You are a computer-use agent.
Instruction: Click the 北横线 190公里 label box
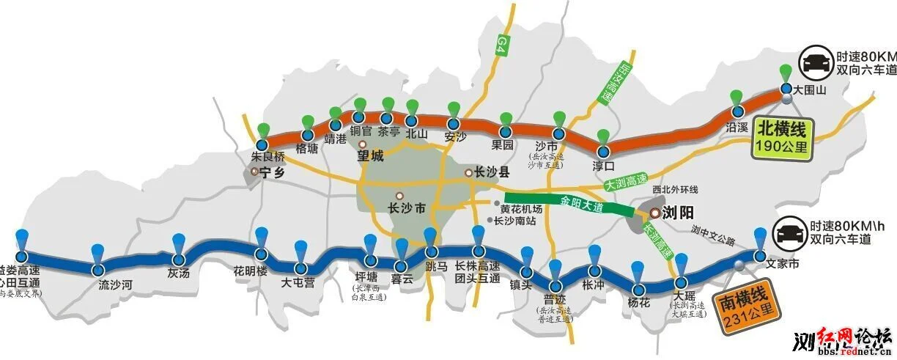[x=781, y=139]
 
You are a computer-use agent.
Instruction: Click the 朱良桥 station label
[x=266, y=156]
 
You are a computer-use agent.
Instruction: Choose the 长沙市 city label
[x=407, y=208]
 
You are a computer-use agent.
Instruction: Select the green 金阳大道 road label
[x=582, y=203]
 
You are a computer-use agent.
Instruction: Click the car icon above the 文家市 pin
[x=790, y=234]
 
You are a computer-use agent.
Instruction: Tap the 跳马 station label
[x=435, y=266]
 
